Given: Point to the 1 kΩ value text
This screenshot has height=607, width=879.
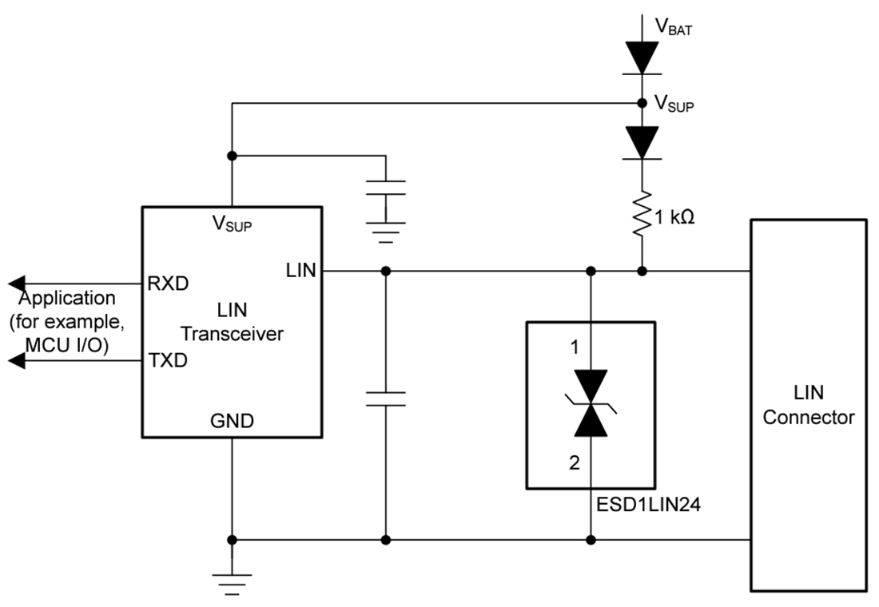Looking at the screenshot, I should click(674, 216).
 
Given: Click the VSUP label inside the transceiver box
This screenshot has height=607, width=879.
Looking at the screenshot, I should click(232, 224).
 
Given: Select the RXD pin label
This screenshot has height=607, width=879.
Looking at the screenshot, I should click(167, 283).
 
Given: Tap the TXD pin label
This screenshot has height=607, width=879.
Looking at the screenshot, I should click(167, 360).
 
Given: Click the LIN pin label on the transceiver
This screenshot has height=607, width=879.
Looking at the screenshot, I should click(300, 272).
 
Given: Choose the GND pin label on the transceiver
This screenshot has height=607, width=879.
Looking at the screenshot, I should click(232, 421).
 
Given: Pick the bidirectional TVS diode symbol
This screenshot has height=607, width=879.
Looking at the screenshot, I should click(591, 403).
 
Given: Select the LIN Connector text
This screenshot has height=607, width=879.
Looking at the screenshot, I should click(809, 405).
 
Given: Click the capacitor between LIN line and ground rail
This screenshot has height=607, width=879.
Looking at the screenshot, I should click(386, 399).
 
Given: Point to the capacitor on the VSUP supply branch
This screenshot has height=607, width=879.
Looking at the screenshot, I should click(386, 188).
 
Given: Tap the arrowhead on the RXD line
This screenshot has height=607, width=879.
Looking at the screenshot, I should click(18, 283).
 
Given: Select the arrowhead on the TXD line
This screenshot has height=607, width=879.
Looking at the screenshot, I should click(18, 361).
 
